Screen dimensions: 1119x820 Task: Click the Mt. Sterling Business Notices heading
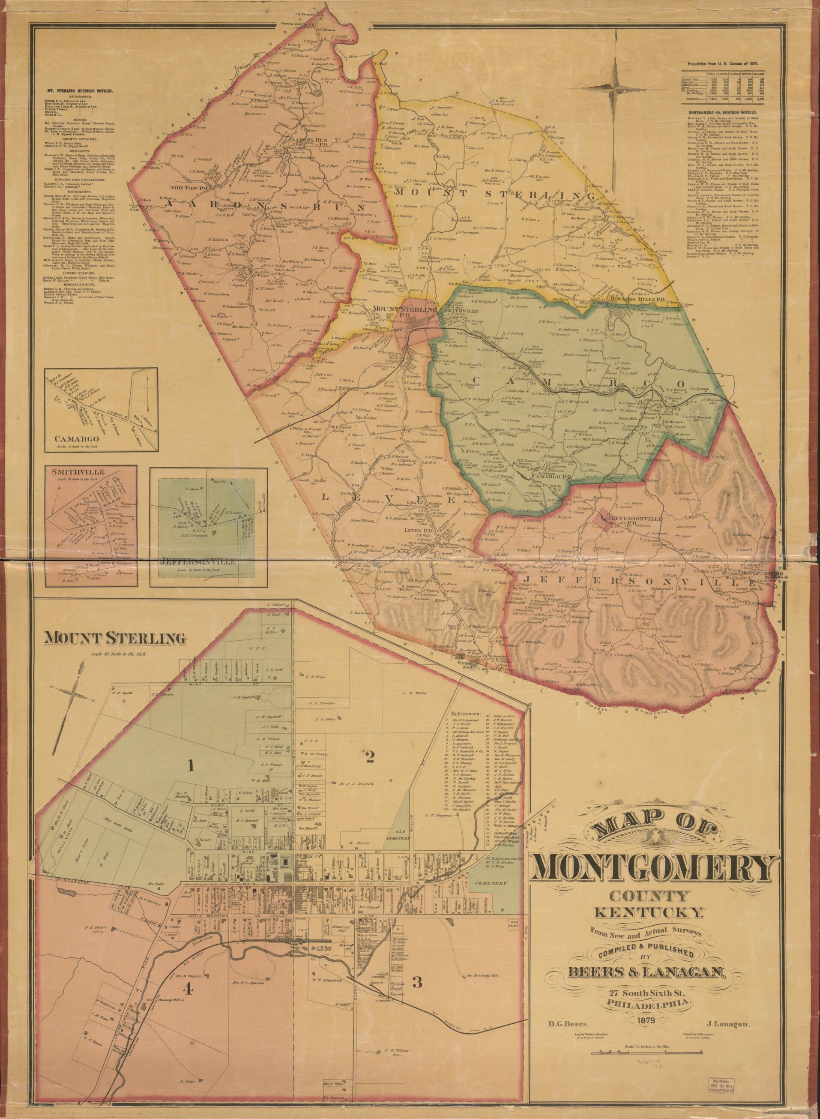79,91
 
